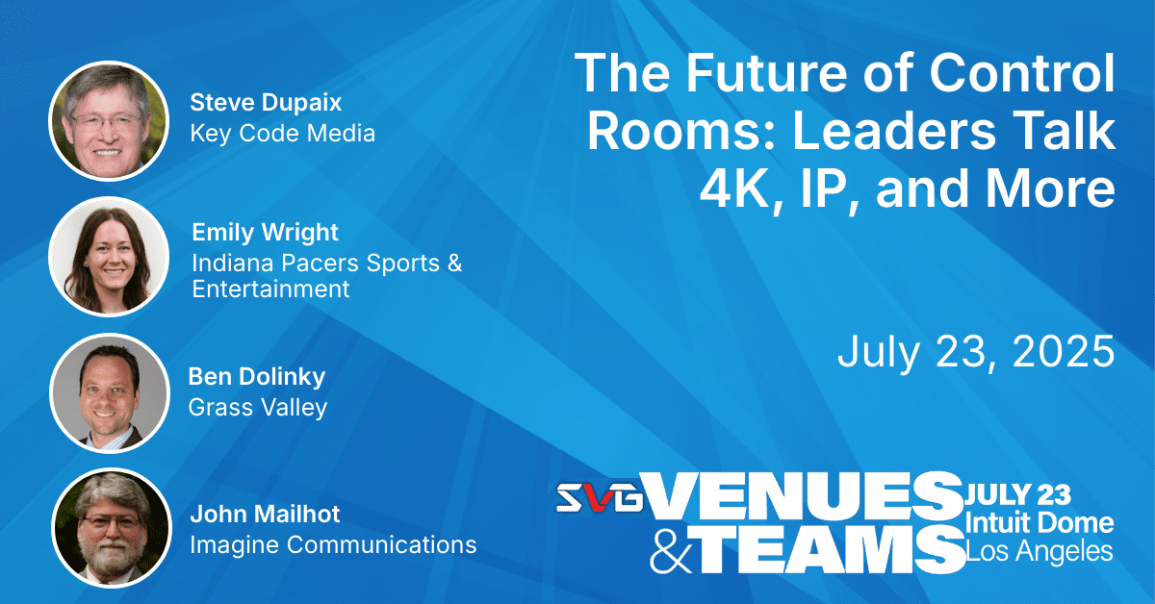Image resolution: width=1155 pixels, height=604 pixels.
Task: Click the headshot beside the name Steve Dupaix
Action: click(109, 121)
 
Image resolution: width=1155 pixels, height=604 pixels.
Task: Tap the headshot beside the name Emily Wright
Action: click(109, 257)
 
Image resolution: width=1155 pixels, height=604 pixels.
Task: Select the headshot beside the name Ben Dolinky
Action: click(110, 393)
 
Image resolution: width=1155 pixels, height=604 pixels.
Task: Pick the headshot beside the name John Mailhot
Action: click(112, 528)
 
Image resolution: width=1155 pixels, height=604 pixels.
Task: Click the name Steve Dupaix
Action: click(266, 103)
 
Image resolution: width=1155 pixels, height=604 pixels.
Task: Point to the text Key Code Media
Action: click(283, 134)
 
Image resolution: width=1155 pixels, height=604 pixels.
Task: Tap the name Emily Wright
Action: click(265, 233)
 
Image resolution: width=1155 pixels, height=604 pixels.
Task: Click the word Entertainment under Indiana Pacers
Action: click(270, 289)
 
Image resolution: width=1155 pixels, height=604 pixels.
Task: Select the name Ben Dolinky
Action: click(257, 377)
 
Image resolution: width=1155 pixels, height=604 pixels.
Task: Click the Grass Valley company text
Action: click(258, 408)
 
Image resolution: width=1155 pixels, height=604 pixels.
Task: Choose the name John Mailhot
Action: click(265, 514)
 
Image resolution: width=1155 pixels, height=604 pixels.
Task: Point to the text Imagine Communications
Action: click(333, 544)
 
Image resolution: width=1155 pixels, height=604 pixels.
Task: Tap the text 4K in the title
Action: click(739, 189)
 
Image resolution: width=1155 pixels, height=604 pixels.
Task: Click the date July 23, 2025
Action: click(976, 351)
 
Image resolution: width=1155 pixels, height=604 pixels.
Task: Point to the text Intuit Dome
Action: click(1039, 523)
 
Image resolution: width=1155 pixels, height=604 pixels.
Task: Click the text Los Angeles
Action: click(1039, 551)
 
